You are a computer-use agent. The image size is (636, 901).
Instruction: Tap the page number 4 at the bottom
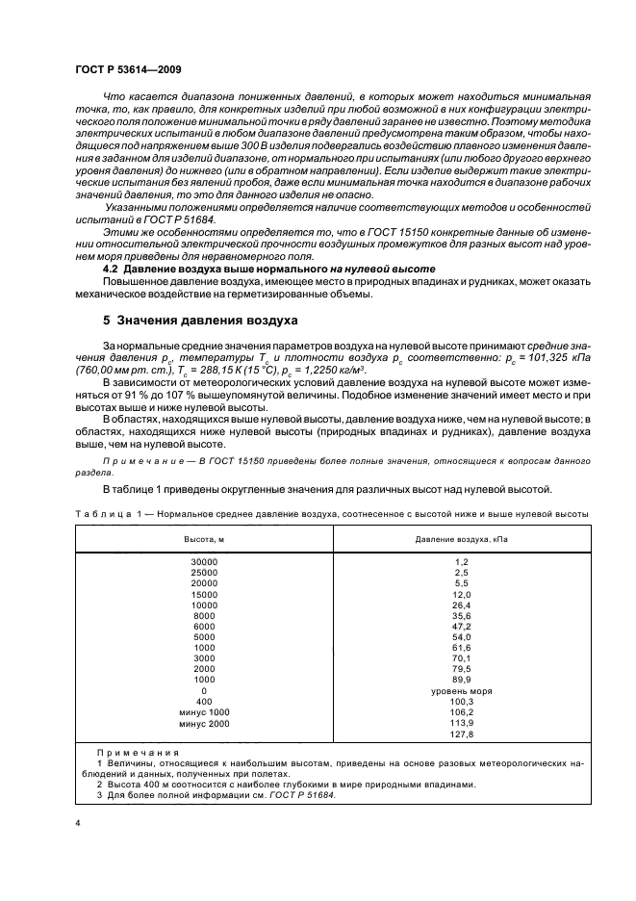tap(77, 825)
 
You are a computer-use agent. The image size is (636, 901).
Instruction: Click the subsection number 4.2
tap(113, 268)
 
